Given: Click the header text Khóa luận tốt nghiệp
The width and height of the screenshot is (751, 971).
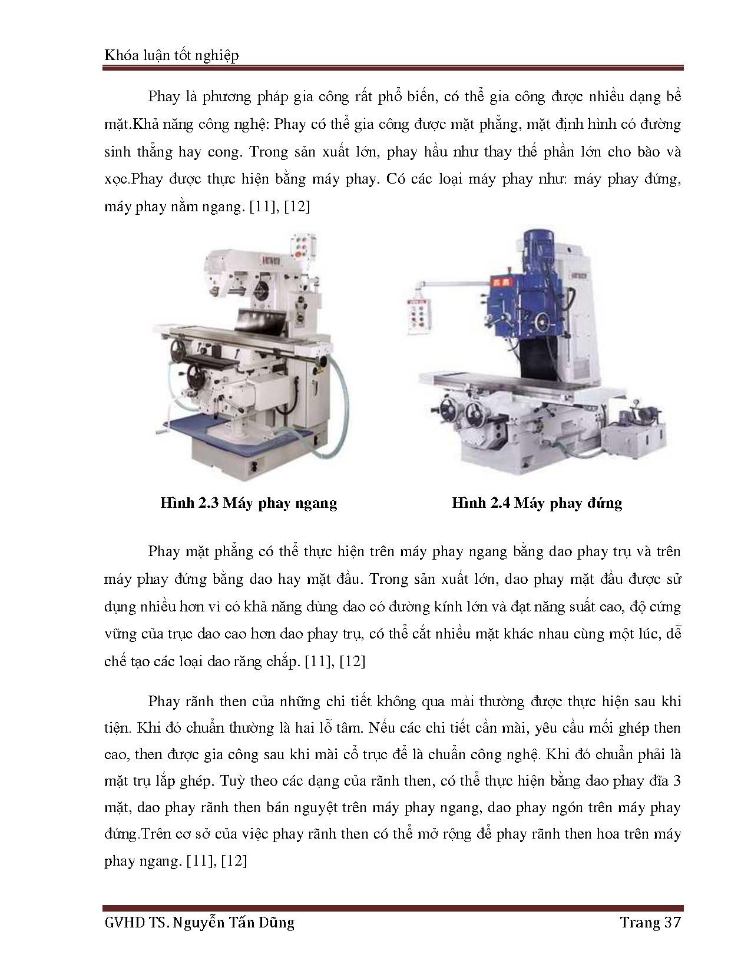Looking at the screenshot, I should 171,55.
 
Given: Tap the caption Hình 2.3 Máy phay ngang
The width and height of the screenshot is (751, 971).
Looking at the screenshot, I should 248,503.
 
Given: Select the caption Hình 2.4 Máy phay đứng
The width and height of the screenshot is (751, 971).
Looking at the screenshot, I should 537,503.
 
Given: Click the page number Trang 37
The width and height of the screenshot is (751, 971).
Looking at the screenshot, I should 650,922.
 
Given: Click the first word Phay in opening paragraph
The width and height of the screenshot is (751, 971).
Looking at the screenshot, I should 164,97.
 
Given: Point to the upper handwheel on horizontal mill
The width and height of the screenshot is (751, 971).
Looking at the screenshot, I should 177,350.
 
